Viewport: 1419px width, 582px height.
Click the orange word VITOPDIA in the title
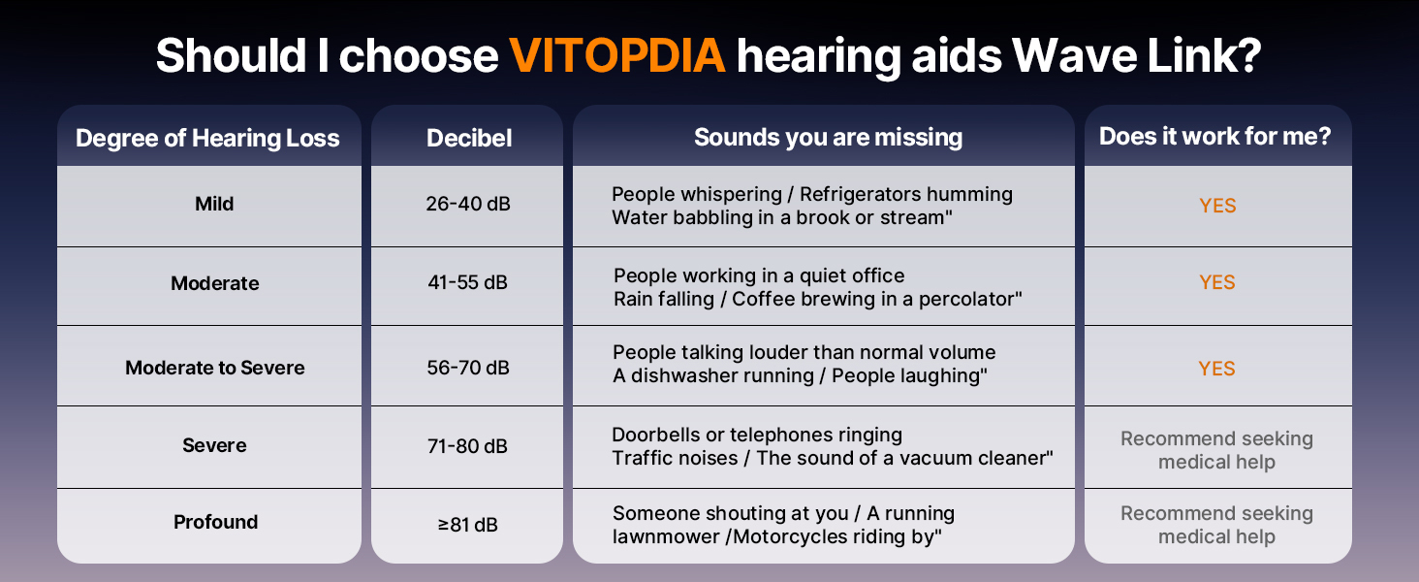pyautogui.click(x=617, y=56)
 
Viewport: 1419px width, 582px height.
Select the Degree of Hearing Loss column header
pyautogui.click(x=207, y=138)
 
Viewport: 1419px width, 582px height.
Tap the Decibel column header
pyautogui.click(x=469, y=138)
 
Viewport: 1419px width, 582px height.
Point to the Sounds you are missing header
pyautogui.click(x=828, y=138)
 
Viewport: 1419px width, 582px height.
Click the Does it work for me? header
pyautogui.click(x=1215, y=137)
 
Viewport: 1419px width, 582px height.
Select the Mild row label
pyautogui.click(x=214, y=204)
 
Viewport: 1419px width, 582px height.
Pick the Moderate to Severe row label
pyautogui.click(x=215, y=368)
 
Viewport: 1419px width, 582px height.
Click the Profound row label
pyautogui.click(x=215, y=522)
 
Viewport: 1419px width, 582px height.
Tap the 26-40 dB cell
pyautogui.click(x=468, y=204)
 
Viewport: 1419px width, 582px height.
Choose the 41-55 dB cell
pyautogui.click(x=467, y=282)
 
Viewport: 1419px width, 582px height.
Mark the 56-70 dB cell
pyautogui.click(x=468, y=368)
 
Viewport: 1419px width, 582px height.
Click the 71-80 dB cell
pyautogui.click(x=467, y=446)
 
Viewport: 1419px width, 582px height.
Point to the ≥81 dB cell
pyautogui.click(x=467, y=525)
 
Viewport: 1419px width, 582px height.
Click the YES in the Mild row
pyautogui.click(x=1217, y=206)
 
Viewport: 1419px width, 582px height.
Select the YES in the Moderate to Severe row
pyautogui.click(x=1217, y=369)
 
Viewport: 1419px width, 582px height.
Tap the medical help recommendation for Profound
pyautogui.click(x=1217, y=525)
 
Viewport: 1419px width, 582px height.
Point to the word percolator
pyautogui.click(x=970, y=299)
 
